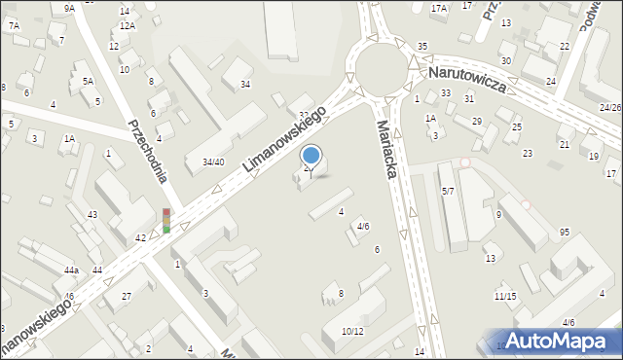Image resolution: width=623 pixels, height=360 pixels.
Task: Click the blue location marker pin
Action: [x=311, y=156]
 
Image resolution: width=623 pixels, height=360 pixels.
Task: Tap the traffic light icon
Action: [x=166, y=221]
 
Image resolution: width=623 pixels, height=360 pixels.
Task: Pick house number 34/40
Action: [x=213, y=162]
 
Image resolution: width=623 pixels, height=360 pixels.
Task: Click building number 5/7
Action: [x=448, y=192]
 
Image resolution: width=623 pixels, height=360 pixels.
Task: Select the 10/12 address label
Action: [x=352, y=331]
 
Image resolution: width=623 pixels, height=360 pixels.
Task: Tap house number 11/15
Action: [x=505, y=296]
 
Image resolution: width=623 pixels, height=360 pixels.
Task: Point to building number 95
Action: [x=565, y=232]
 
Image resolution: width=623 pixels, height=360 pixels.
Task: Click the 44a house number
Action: [x=72, y=270]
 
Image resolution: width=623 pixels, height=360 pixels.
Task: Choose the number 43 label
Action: [x=92, y=214]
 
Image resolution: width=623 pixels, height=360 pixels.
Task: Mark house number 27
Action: [x=126, y=296]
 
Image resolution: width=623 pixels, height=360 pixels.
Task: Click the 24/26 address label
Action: [x=610, y=107]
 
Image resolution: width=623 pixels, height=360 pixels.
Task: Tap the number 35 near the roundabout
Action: [x=422, y=47]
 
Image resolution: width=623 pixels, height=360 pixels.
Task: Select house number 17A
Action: [x=439, y=8]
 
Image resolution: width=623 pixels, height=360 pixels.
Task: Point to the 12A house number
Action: [x=127, y=25]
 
